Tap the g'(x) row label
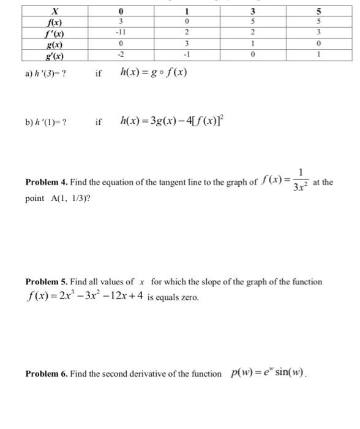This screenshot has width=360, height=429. point(55,56)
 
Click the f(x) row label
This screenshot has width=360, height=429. point(55,22)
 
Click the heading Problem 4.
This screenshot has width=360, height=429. point(47,182)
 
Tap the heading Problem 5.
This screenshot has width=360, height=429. point(47,282)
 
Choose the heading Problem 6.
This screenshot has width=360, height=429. point(47,374)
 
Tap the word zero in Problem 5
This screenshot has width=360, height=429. point(189,298)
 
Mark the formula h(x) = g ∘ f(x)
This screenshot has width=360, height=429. point(153,73)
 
